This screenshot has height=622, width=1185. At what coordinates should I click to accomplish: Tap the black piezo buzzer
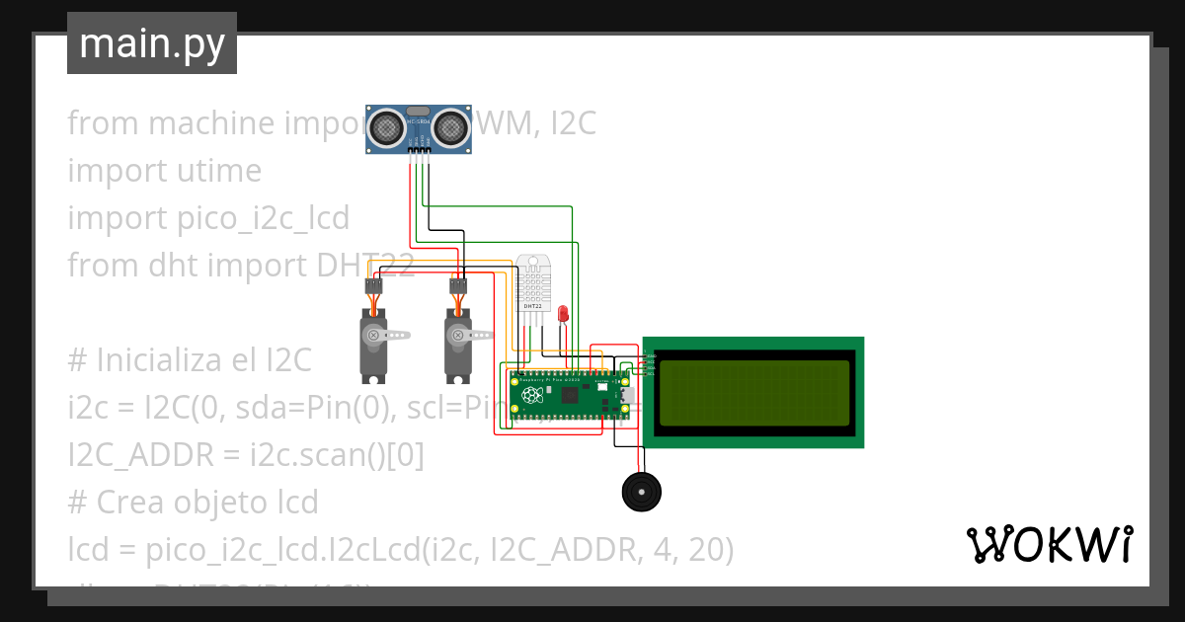[x=641, y=491]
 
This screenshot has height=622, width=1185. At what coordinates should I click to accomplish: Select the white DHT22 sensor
[x=531, y=285]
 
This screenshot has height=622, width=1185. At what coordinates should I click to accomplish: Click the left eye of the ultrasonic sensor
[x=386, y=126]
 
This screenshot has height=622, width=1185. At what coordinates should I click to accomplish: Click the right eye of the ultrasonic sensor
[x=451, y=126]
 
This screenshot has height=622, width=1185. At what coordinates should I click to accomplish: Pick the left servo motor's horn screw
[x=373, y=336]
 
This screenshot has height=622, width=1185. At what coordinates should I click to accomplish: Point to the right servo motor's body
[x=456, y=350]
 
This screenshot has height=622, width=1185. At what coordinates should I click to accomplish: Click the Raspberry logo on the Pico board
[x=532, y=396]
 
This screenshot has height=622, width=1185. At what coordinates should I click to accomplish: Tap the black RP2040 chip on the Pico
[x=570, y=396]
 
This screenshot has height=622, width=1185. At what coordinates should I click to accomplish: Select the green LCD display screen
[x=753, y=392]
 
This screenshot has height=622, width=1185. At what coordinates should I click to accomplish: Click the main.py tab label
[x=152, y=43]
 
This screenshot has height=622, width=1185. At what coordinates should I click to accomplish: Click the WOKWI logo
[x=1049, y=544]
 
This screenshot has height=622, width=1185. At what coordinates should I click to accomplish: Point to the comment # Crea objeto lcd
[x=193, y=503]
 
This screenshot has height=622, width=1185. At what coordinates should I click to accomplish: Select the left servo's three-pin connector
[x=373, y=286]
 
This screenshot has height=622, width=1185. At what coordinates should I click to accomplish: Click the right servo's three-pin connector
[x=457, y=286]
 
